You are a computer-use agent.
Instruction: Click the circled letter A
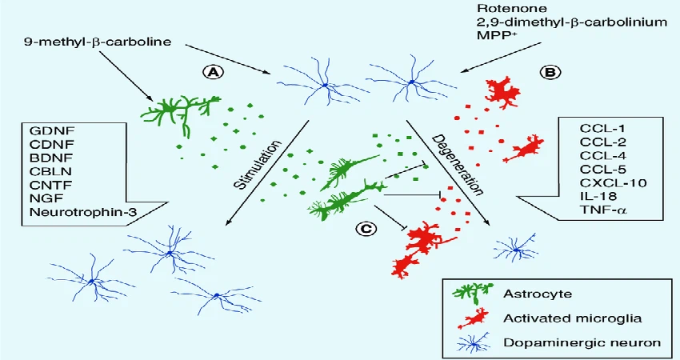pos(214,72)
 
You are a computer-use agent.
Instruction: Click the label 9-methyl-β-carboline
pos(98,40)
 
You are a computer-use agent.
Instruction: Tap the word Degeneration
pos(458,163)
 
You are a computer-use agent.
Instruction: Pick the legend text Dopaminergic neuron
pos(570,342)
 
